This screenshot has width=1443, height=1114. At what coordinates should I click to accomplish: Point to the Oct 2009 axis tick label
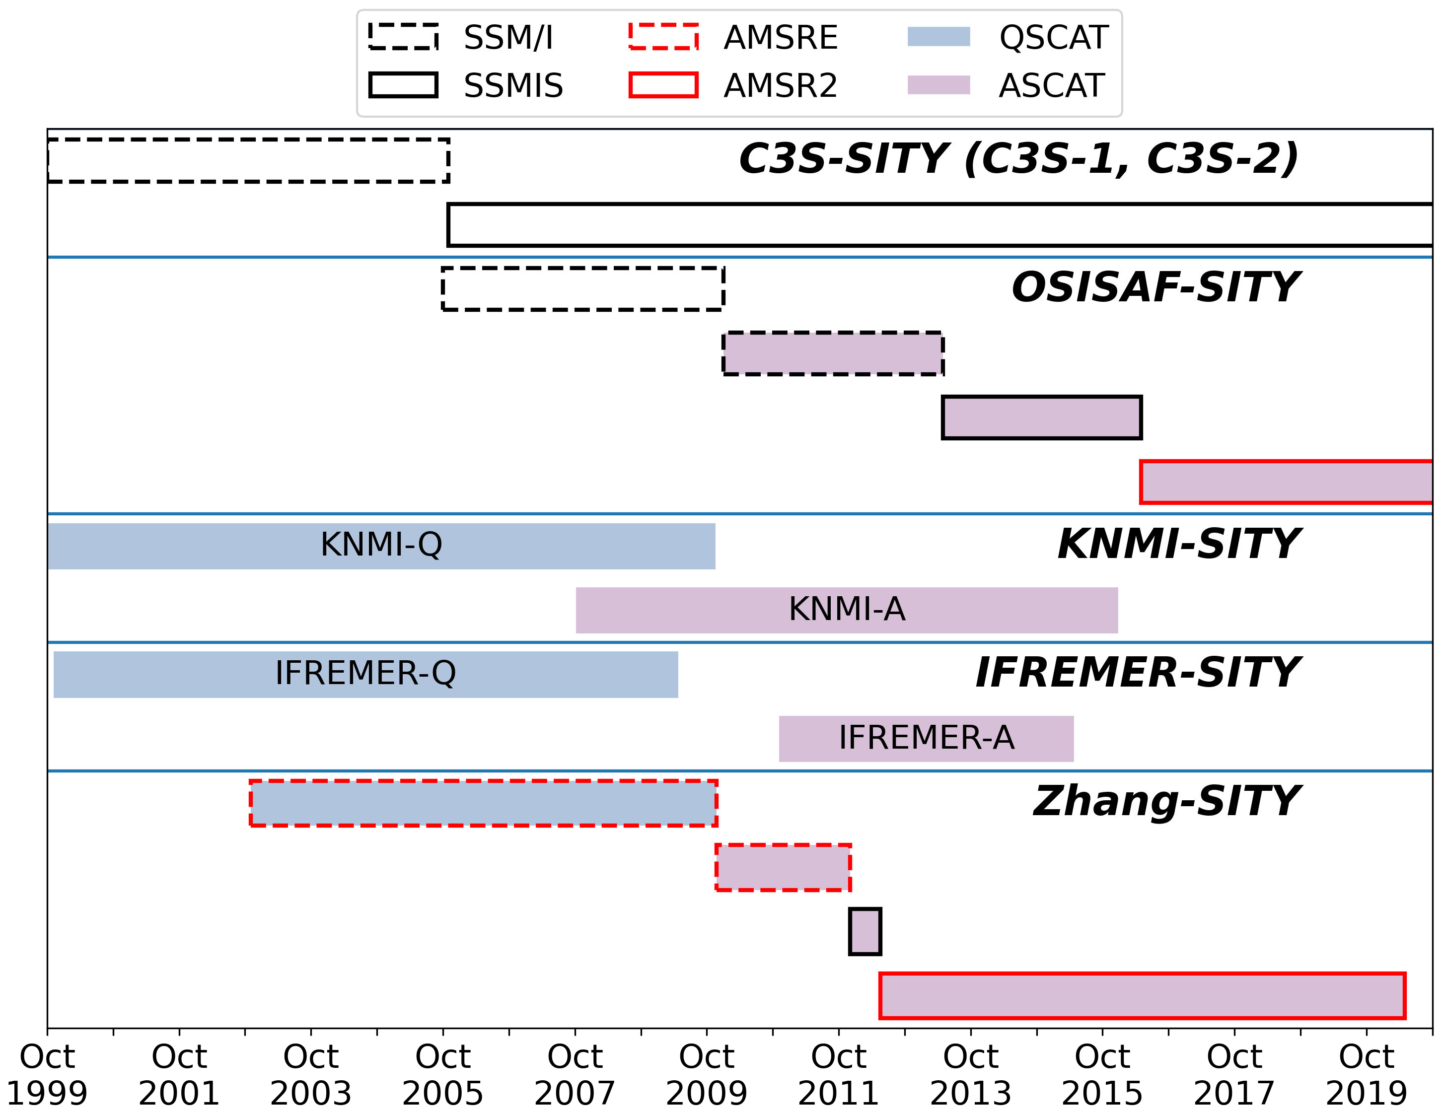[x=706, y=1075]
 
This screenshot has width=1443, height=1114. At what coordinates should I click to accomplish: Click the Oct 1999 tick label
[x=47, y=1075]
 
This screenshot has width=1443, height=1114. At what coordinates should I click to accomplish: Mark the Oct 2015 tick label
[x=1102, y=1075]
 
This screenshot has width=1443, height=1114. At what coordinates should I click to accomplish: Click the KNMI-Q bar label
[x=381, y=545]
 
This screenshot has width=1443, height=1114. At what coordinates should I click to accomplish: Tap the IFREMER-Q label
[x=365, y=673]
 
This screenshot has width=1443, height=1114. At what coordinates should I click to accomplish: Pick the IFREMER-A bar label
[x=926, y=738]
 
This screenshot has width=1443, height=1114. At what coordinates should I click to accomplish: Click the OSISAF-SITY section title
[x=1155, y=287]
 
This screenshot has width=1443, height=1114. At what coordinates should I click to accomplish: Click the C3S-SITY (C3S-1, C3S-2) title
[x=1018, y=159]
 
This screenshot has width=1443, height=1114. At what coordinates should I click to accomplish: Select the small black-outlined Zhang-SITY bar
[x=865, y=932]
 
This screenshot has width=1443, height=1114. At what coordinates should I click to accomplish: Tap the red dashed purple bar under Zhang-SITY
[x=783, y=868]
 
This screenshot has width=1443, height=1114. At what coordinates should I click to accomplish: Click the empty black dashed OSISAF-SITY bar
[x=583, y=289]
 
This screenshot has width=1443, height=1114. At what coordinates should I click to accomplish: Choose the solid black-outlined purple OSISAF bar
[x=1041, y=418]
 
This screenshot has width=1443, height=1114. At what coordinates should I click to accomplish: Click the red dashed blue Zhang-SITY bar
[x=484, y=803]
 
